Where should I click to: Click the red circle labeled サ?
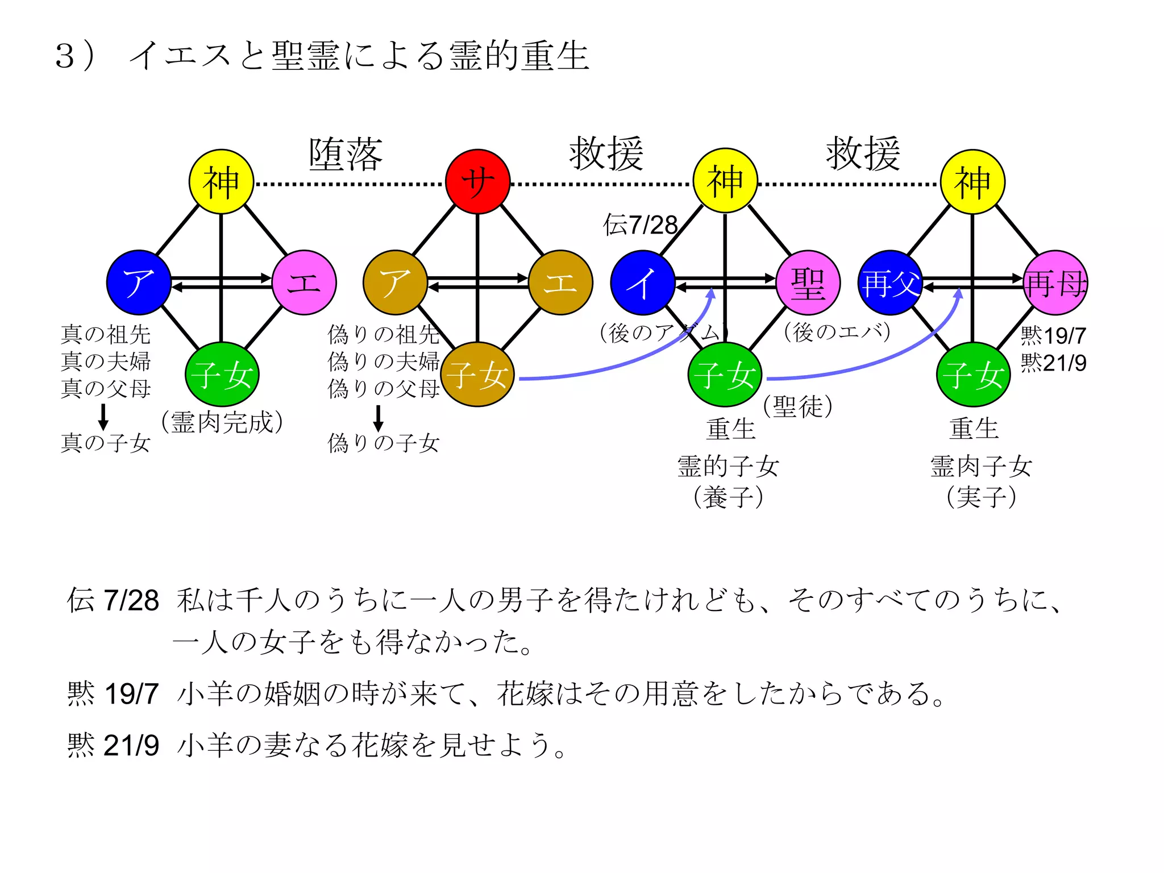click(477, 182)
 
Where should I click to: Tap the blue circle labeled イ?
click(642, 282)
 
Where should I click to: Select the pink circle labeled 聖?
click(808, 282)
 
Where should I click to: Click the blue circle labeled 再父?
click(889, 282)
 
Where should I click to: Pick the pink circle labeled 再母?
click(1055, 282)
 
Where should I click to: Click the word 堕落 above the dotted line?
click(346, 155)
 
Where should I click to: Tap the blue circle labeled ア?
click(139, 282)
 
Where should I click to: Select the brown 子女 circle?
click(477, 375)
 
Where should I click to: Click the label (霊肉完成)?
click(222, 422)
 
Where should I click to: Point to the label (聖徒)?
click(797, 406)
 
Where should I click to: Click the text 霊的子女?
click(728, 466)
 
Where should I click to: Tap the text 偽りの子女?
click(384, 443)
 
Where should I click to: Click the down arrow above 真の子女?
click(103, 417)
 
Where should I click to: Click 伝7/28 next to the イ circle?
click(640, 225)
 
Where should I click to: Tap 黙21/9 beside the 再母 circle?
click(1053, 363)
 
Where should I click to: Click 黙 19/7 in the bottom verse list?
click(113, 693)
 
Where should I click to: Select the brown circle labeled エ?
click(560, 282)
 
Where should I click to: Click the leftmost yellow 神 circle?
click(221, 182)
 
